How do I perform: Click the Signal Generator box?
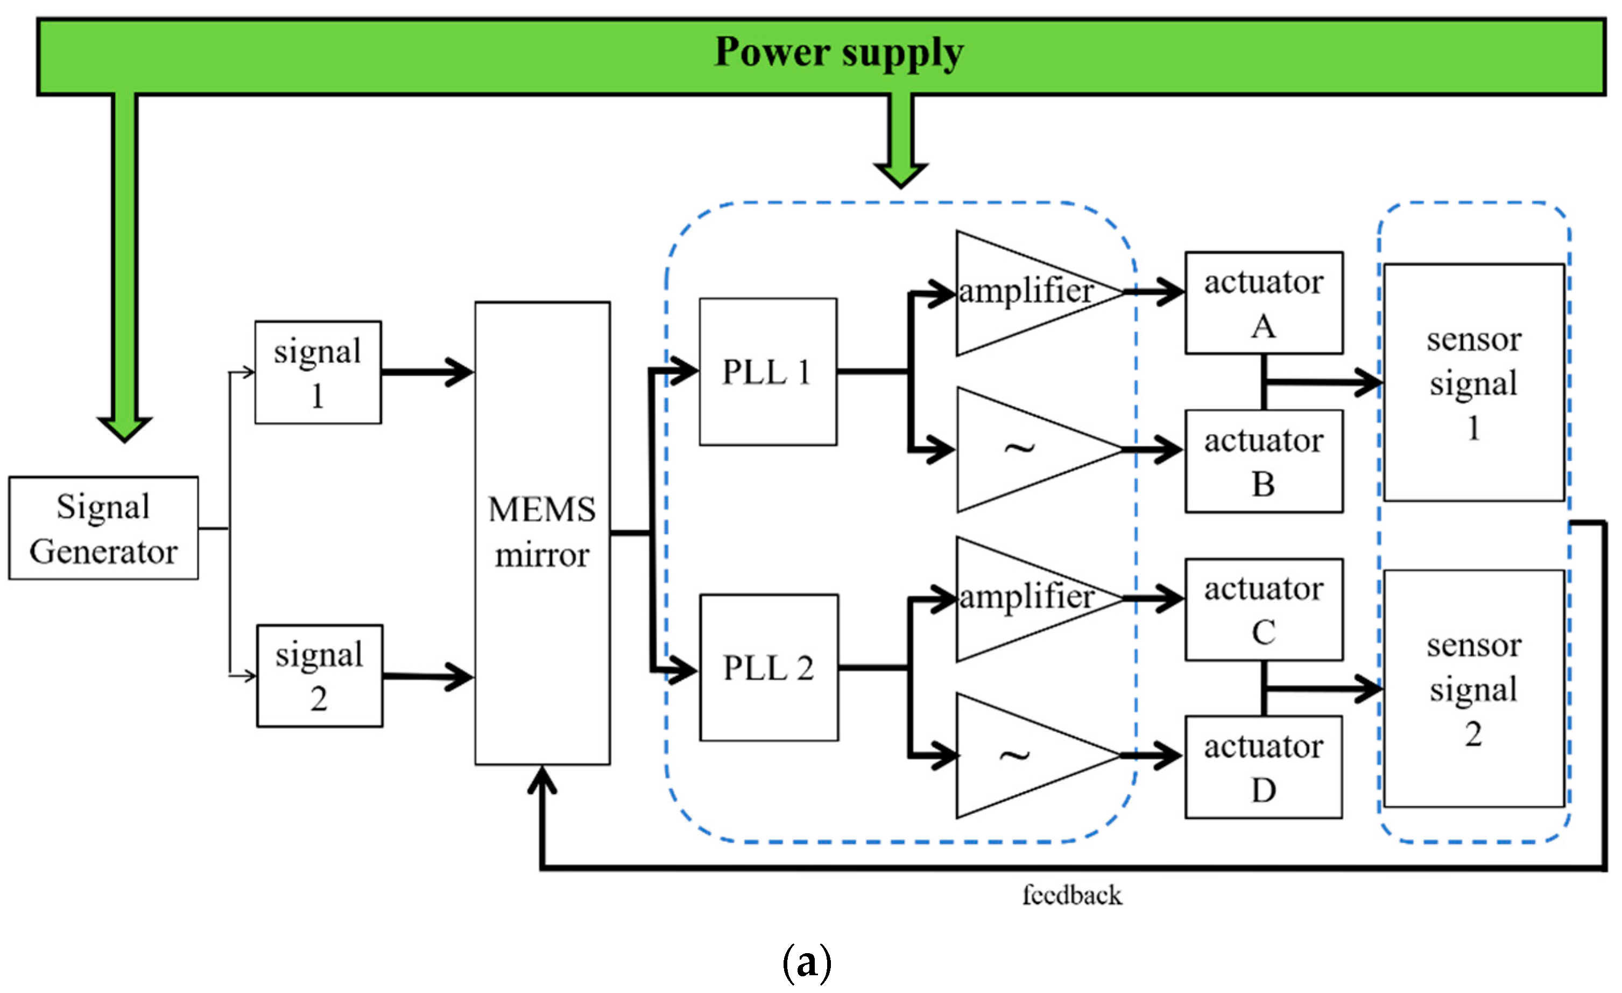coord(103,528)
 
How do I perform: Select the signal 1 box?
coord(318,373)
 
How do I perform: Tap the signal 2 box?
coord(319,676)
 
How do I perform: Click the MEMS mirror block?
coord(542,533)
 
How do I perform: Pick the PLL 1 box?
coord(767,372)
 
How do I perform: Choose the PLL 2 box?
coord(769,668)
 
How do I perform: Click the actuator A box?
coord(1264,303)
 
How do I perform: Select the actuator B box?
coord(1264,461)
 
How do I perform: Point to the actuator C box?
coord(1264,610)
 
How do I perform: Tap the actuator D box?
coord(1264,767)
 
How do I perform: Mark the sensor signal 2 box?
coord(1474,689)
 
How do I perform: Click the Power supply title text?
coord(840,53)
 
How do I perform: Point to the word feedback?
coord(1071,896)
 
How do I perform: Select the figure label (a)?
coord(807,963)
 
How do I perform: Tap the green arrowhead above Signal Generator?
coord(124,428)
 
